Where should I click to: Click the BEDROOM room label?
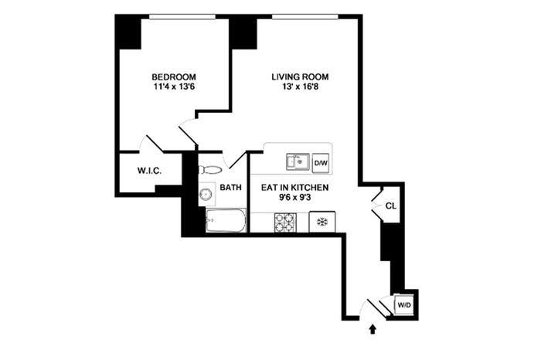tap(174, 77)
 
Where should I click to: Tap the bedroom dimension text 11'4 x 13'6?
tap(175, 87)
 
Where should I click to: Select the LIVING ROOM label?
tap(300, 77)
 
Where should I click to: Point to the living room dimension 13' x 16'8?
tap(301, 87)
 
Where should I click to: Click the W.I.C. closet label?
tap(149, 171)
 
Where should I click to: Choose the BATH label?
tap(231, 188)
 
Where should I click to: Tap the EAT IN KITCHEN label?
tap(294, 188)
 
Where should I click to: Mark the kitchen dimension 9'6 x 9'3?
tap(295, 198)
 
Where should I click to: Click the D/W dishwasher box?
tap(321, 163)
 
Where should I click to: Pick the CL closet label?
tap(391, 206)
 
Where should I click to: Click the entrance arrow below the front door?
tap(373, 329)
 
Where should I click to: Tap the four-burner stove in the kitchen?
tap(285, 222)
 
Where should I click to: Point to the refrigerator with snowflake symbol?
tap(322, 222)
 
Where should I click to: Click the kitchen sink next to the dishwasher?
tap(298, 161)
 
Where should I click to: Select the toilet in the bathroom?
tap(210, 170)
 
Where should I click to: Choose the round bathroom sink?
tap(206, 195)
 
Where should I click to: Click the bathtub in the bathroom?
tap(226, 220)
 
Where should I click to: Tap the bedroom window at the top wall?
tap(182, 16)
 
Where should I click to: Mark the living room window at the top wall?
tap(305, 16)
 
